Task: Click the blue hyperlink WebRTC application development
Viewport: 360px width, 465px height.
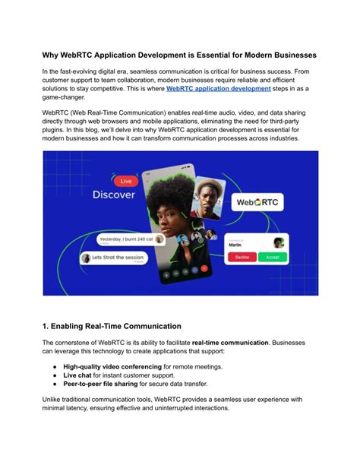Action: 219,89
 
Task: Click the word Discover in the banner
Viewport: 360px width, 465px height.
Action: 114,195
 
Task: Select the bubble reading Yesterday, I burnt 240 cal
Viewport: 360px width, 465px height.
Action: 131,239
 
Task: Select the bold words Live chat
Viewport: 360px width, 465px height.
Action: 78,375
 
